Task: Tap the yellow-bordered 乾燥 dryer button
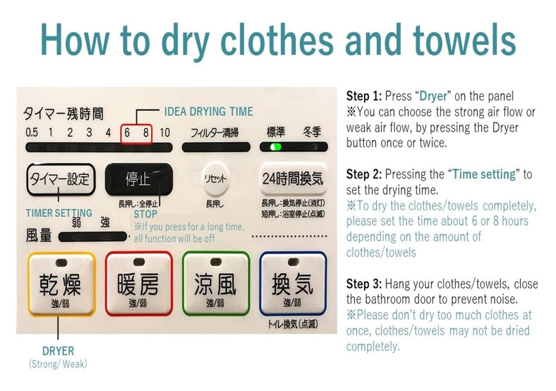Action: coord(62,284)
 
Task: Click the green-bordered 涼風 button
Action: coord(216,284)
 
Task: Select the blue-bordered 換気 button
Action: coord(293,284)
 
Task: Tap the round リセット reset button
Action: coord(215,178)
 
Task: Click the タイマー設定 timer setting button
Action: coord(61,179)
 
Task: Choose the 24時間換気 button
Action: coord(293,178)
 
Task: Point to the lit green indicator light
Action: coord(275,147)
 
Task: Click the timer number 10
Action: coord(165,133)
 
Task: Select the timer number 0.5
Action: coord(32,133)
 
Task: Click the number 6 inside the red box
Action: coord(127,133)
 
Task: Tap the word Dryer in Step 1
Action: coord(433,96)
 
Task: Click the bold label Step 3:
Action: coord(364,284)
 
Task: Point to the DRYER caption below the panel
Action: coord(58,351)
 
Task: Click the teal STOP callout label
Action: coord(146,214)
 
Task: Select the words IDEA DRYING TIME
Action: coord(209,112)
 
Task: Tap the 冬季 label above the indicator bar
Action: coord(312,132)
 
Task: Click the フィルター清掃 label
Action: coord(215,133)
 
